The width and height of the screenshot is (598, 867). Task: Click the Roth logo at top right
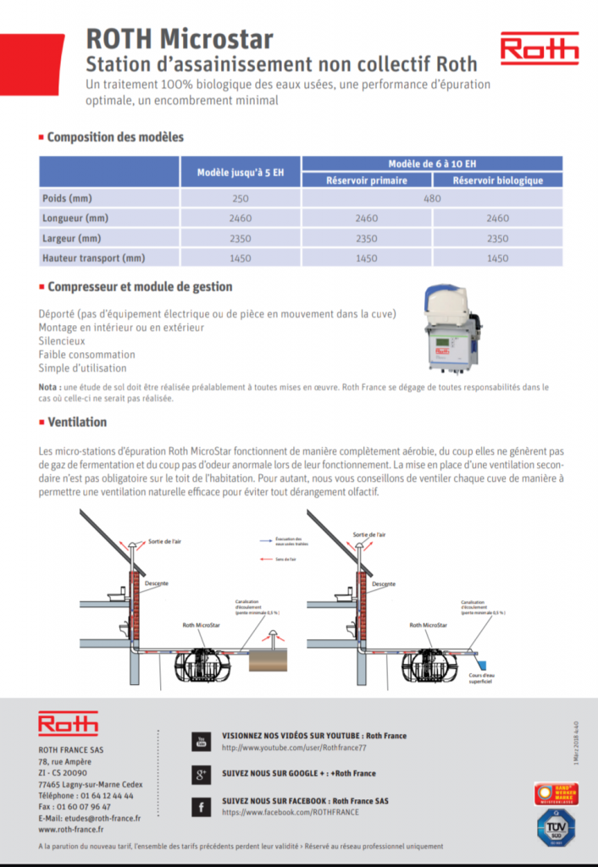coord(539,49)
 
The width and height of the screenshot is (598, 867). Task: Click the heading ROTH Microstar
coord(180,39)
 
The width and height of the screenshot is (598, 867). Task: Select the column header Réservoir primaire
coord(368,179)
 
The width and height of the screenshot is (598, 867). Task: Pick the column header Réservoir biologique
coord(497,179)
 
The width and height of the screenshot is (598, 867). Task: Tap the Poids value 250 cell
coord(241,198)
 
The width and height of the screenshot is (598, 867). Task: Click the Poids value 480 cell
coord(432,198)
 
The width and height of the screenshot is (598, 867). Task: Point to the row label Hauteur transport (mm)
coord(94,257)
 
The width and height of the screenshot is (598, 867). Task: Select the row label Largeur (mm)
coord(72,238)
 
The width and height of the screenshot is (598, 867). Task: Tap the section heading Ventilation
coord(77,422)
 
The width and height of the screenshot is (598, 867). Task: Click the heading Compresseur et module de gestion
coord(140,287)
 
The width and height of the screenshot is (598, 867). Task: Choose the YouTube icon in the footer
coord(201,741)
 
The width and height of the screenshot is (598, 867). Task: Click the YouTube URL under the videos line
coord(294,748)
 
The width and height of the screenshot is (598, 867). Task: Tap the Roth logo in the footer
coord(68,724)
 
